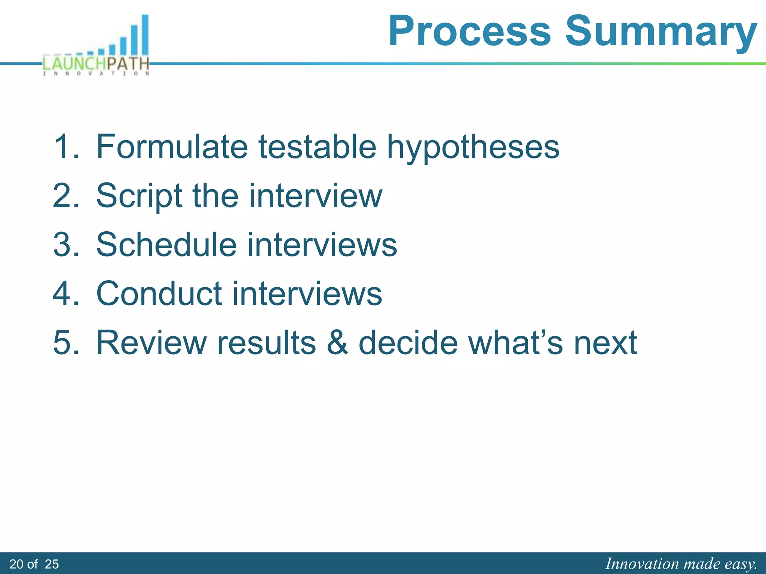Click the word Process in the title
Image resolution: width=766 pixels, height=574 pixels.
tap(469, 31)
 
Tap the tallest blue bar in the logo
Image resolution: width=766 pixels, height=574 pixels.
tap(145, 36)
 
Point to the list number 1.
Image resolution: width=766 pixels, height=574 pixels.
tap(66, 146)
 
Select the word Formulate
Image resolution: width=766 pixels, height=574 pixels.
tap(172, 146)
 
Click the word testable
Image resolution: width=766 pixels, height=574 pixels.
tap(317, 146)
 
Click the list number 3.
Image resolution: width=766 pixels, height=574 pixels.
tap(66, 244)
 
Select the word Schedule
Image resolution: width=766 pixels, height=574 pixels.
tap(166, 244)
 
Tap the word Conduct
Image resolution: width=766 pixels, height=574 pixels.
tap(159, 293)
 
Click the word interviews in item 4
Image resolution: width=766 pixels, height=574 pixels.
tap(307, 293)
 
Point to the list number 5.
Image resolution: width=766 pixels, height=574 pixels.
tap(66, 342)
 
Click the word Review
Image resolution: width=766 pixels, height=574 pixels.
tap(151, 342)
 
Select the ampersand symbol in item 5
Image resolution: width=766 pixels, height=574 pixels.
tap(337, 342)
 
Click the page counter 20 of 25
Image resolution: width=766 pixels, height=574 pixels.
tap(34, 564)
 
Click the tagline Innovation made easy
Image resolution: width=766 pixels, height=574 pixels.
tap(681, 564)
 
